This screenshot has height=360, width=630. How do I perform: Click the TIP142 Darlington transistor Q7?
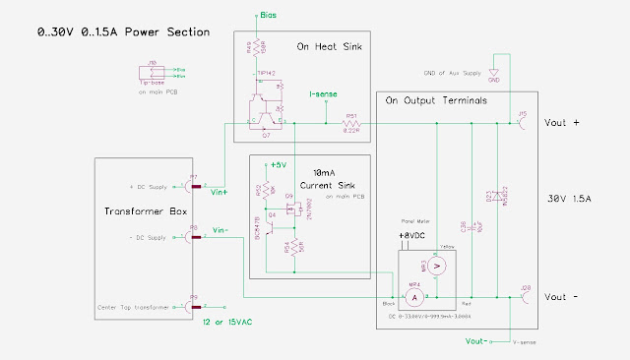pyautogui.click(x=264, y=109)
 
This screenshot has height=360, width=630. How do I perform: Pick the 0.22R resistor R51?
pyautogui.click(x=350, y=124)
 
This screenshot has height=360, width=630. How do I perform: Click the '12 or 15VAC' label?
pyautogui.click(x=231, y=323)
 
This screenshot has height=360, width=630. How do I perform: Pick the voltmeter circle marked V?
pyautogui.click(x=441, y=265)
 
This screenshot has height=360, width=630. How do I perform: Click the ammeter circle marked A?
pyautogui.click(x=416, y=296)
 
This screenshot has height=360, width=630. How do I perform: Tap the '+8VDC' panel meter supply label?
pyautogui.click(x=411, y=237)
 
